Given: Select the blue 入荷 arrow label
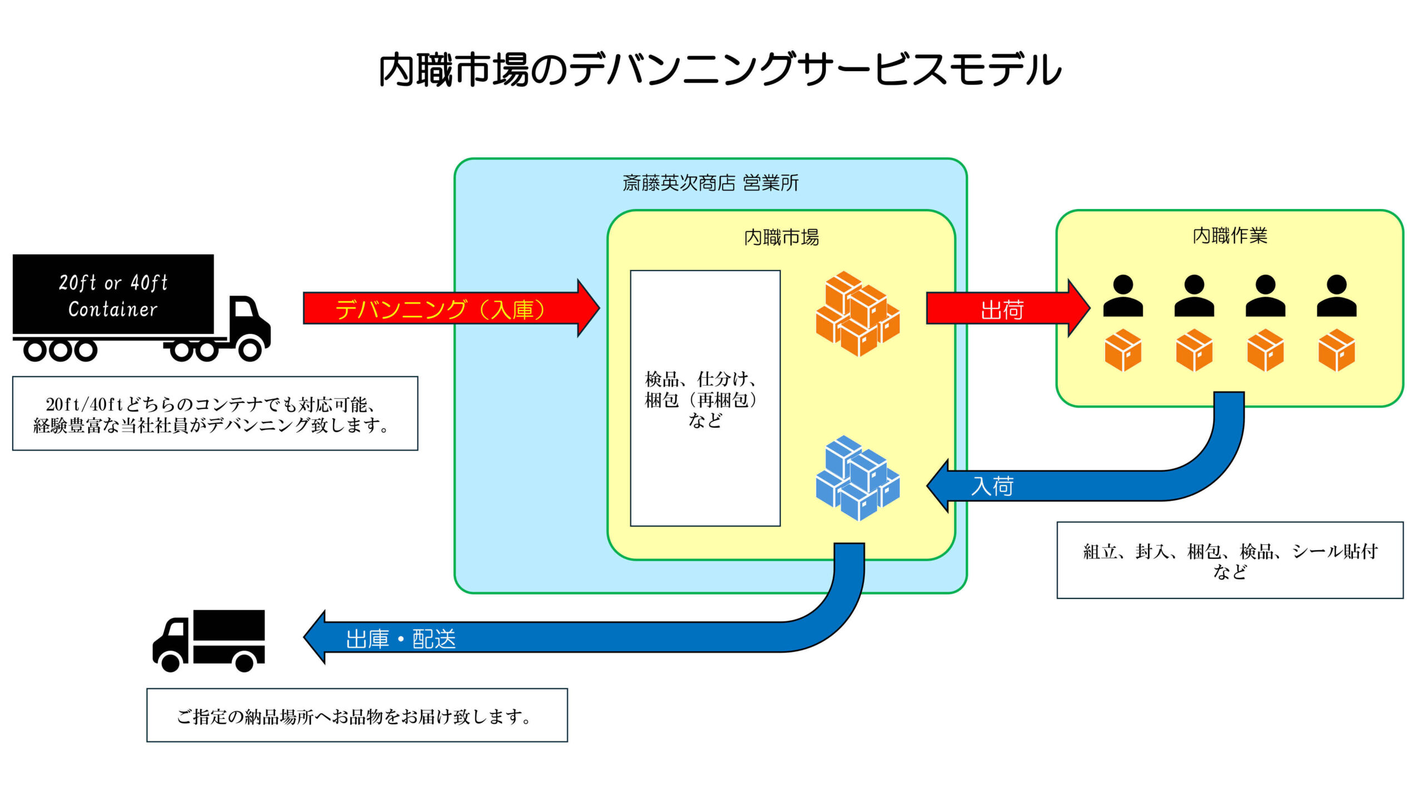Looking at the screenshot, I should pos(993,486).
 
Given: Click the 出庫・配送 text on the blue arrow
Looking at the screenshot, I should pos(400,638).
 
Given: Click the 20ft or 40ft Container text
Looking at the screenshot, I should pos(113,296).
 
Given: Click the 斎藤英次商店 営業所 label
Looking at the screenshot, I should pos(710,183).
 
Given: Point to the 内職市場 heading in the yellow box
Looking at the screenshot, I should pos(781,237).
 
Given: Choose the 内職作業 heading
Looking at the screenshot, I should pos(1230,236).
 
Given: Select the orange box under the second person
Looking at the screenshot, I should pos(1194,350).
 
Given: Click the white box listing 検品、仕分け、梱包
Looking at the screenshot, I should pos(705,398).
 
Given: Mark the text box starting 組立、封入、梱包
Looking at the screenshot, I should pos(1230,560).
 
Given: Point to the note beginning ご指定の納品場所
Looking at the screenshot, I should pos(356,716).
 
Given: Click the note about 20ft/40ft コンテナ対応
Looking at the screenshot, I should pos(215,414).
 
